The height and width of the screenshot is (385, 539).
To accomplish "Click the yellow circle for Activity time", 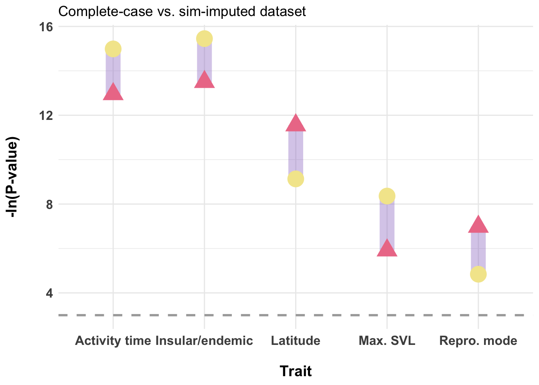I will point(113,49).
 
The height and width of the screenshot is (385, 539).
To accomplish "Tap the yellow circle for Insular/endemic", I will point(205,38).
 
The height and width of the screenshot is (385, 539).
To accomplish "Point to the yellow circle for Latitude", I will point(296,179).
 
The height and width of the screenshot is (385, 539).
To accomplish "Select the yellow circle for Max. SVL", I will point(387,196).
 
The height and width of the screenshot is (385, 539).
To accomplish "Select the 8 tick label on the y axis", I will point(49,205).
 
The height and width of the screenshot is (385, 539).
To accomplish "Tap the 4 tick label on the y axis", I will point(49,293).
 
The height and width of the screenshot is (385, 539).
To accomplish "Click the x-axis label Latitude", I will point(296,341).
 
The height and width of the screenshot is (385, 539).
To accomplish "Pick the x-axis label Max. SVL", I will point(387,341).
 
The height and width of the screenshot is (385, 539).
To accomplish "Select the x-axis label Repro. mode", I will point(478,341).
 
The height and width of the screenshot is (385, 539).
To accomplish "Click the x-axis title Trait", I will point(296,371).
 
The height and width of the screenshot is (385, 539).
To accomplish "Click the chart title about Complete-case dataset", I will point(182,11).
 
